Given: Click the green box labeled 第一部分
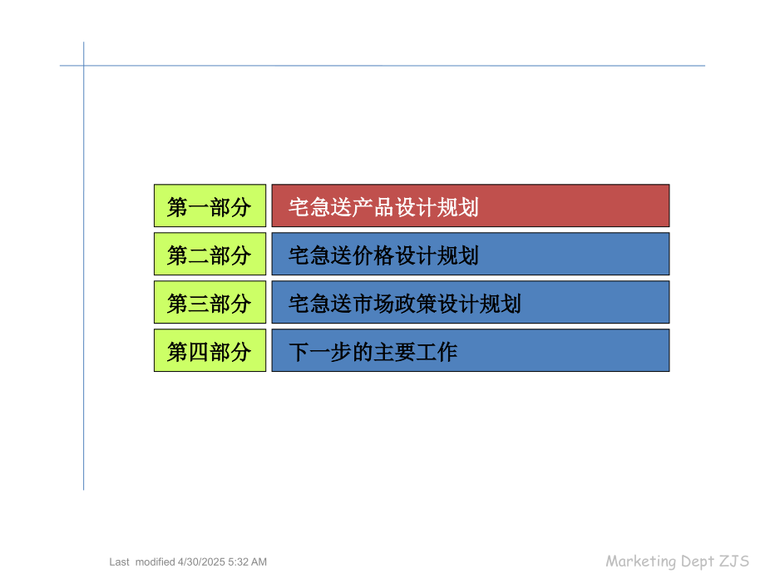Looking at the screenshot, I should [x=210, y=205].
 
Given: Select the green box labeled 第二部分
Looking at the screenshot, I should [x=210, y=254].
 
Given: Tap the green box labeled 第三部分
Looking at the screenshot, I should [x=210, y=302].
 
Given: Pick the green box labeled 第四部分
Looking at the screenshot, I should [x=210, y=350].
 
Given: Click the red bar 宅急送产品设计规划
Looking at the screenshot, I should [x=470, y=205].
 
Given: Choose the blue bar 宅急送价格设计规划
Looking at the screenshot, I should [x=470, y=254].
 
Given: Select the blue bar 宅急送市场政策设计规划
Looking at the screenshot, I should [x=470, y=302].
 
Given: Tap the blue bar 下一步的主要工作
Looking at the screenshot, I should [x=470, y=350].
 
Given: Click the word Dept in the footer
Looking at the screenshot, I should [x=697, y=561].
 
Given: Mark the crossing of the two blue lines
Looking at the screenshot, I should [x=83, y=66].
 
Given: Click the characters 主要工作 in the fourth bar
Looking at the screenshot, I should [x=415, y=352].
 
